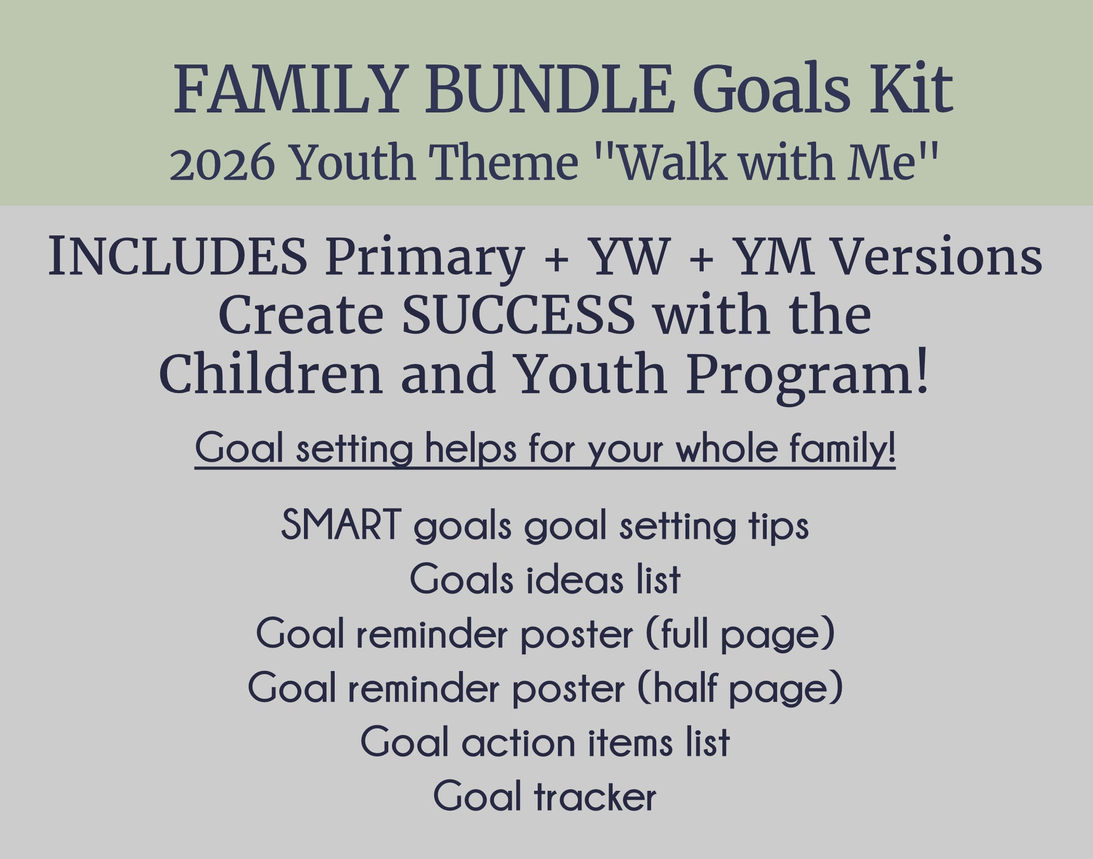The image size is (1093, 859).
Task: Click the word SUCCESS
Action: click(518, 315)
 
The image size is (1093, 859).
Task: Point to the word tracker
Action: click(595, 797)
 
